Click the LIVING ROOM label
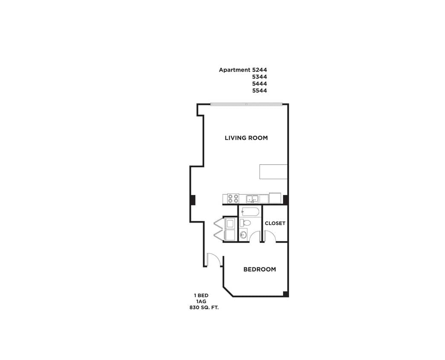pos(246,138)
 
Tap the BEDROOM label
pos(259,269)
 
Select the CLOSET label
pos(275,223)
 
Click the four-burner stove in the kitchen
pos(233,198)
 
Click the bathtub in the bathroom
pos(250,211)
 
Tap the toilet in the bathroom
pos(245,223)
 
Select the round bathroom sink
pos(243,235)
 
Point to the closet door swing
pos(270,236)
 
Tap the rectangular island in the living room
pos(273,171)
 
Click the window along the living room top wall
pos(246,104)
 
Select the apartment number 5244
pos(260,70)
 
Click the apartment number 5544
pos(260,90)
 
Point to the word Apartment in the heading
pos(234,70)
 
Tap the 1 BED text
pos(201,295)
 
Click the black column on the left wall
pos(193,199)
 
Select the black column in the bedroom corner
pos(286,294)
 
